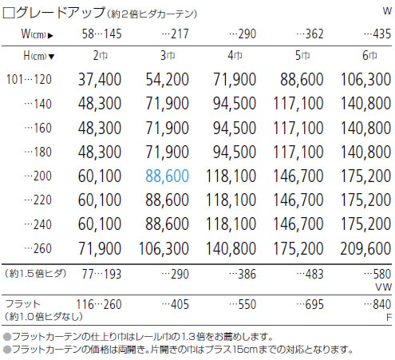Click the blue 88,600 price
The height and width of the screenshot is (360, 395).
167,176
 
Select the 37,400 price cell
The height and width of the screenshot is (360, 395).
100,79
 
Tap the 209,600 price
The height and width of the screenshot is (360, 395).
365,248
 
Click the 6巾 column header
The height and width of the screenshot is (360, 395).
369,55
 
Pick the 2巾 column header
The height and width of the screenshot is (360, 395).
101,55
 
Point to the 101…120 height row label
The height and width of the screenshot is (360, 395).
29,79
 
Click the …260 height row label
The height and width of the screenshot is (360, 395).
38,248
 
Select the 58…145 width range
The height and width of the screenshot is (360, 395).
101,34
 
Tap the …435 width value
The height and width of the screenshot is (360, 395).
377,34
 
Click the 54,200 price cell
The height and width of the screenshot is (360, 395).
167,79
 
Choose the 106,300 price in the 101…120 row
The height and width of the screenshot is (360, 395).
365,79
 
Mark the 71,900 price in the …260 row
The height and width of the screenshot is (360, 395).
100,248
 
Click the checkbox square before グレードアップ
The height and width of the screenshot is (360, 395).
9,13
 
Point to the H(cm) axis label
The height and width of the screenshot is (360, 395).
39,56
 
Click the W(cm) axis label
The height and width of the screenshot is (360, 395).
38,34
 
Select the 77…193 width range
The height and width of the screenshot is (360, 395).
101,274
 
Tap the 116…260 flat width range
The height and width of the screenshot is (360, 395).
99,304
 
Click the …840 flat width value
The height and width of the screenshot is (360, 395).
377,304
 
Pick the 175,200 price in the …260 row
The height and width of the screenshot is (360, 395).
298,248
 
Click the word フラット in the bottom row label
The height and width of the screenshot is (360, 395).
22,304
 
